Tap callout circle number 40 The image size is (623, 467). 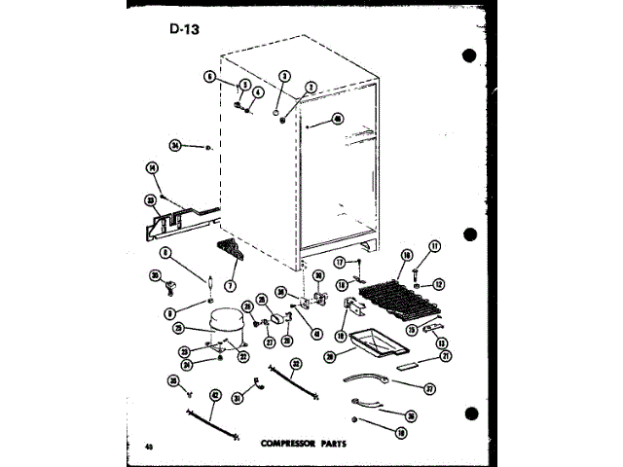338,120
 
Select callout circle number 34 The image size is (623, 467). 175,145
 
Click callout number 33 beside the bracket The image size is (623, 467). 151,200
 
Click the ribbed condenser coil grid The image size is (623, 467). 399,291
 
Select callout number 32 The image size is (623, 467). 295,363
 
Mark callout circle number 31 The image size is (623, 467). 237,396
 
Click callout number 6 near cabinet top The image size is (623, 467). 208,74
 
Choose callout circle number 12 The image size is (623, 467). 438,284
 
